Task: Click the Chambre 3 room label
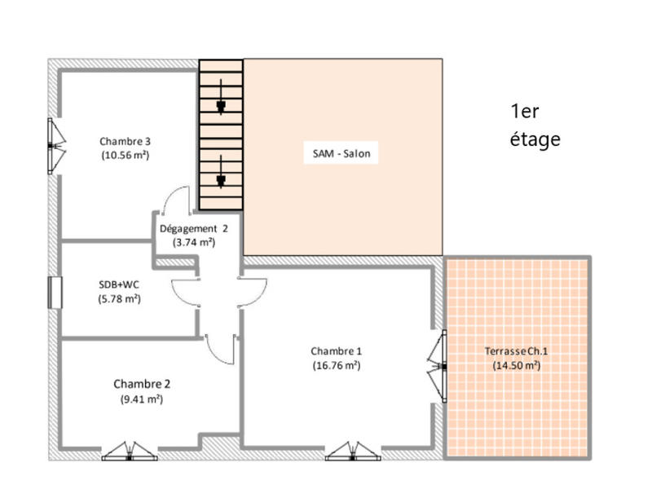[125, 140]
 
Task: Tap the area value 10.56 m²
[125, 154]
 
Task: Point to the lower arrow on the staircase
[221, 180]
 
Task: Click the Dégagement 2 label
[193, 228]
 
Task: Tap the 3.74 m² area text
[193, 242]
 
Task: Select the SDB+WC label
[114, 284]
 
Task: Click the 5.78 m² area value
[114, 298]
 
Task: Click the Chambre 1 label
[336, 351]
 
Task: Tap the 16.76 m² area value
[336, 366]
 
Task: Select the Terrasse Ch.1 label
[516, 351]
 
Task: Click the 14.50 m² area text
[516, 366]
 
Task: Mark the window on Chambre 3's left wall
[54, 146]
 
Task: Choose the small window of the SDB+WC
[55, 293]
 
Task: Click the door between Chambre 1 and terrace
[440, 367]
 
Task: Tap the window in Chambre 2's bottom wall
[130, 452]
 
